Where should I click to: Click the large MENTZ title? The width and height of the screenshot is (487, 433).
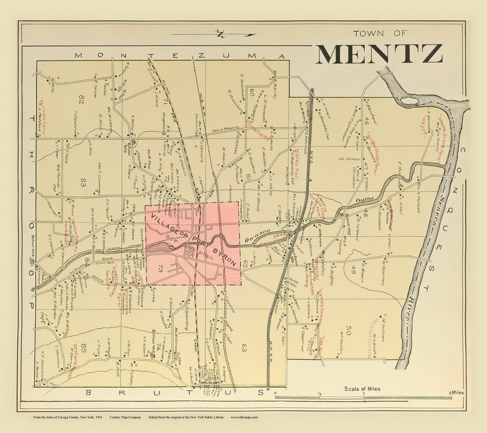pos(379,54)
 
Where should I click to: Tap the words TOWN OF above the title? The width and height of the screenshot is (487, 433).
pos(380,33)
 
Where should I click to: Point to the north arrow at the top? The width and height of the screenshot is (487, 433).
pos(214,34)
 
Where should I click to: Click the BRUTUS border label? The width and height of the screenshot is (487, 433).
pos(174,392)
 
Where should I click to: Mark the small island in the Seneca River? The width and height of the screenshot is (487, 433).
pos(409,100)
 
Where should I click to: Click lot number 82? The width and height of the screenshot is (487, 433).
pos(82,99)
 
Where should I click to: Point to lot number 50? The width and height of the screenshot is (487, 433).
pos(349,330)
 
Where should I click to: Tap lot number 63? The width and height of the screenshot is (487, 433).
pos(244,348)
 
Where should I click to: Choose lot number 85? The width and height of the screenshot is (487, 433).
pos(84,346)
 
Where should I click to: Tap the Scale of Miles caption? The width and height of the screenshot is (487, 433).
pos(362,389)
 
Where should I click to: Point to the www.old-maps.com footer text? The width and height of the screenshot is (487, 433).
pos(244,417)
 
